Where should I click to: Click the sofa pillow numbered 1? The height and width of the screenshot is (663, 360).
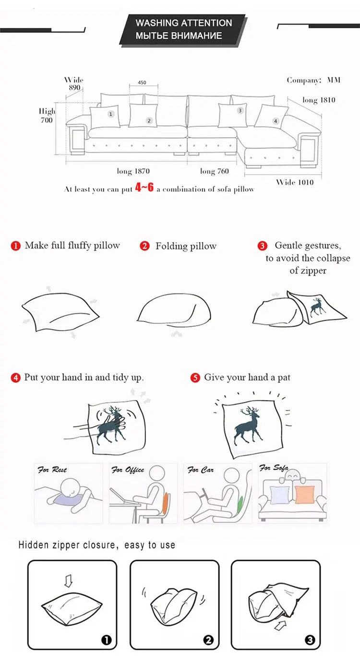(x=105, y=116)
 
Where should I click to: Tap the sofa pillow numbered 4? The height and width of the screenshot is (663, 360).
(x=272, y=116)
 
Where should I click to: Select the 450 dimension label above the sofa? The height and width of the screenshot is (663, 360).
(x=142, y=83)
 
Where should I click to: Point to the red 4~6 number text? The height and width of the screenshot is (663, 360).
(x=144, y=188)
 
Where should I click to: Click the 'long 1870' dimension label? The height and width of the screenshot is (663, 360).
(x=133, y=171)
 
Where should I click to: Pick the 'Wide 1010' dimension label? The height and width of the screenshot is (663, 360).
(x=295, y=182)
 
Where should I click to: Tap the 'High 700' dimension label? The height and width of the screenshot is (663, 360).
(x=47, y=116)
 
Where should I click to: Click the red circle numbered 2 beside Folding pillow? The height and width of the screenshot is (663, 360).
(x=144, y=246)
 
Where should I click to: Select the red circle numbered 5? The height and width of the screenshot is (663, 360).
(x=195, y=378)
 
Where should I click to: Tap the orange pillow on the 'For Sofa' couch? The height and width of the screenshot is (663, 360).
(x=305, y=494)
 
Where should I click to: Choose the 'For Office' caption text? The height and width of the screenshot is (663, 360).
(x=128, y=470)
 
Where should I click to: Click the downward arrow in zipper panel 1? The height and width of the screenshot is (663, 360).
(x=68, y=581)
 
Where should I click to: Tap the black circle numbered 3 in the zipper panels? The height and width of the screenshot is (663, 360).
(x=310, y=640)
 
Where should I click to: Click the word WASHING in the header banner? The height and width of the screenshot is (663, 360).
(x=156, y=23)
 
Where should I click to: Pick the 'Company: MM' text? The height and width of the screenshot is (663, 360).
(x=313, y=80)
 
